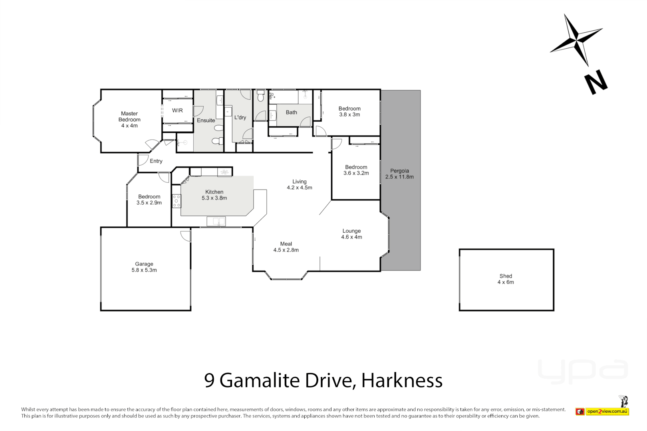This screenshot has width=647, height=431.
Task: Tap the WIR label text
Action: click(177, 111)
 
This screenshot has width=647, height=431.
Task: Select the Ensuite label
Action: click(206, 121)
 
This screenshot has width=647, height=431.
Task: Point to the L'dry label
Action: click(240, 117)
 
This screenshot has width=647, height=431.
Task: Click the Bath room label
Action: click(291, 113)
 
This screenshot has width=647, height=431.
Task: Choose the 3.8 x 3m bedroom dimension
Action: click(349, 115)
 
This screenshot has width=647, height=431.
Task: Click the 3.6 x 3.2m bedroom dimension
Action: click(356, 173)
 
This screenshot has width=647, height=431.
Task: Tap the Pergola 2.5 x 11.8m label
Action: click(399, 174)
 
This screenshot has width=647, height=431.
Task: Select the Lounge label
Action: click(351, 231)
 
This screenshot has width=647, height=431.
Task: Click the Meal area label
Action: click(286, 244)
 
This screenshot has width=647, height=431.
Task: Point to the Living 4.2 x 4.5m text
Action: click(299, 184)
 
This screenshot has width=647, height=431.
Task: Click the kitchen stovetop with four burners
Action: click(176, 201)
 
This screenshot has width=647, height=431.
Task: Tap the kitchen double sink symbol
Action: click(216, 221)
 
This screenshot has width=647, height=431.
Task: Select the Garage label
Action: click(144, 264)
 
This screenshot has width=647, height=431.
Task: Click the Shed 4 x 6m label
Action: click(506, 279)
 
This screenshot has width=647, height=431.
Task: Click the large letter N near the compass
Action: click(595, 82)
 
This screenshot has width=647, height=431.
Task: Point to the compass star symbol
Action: click(576, 40)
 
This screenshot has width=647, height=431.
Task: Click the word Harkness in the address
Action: click(402, 380)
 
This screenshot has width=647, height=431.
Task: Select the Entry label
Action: click(156, 161)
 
